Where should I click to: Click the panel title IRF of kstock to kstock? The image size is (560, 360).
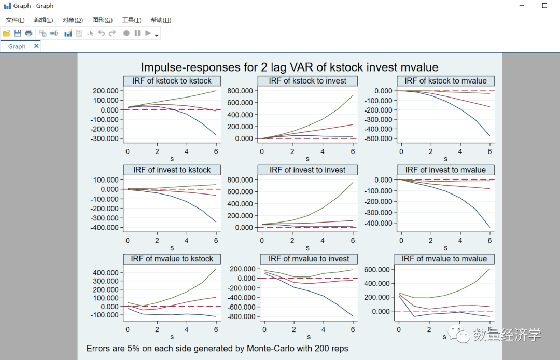172,81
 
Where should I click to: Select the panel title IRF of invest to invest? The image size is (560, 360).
307,170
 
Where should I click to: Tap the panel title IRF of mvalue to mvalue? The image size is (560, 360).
444,259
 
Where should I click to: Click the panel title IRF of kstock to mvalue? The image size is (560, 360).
445,81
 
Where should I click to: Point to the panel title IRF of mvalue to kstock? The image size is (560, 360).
172,259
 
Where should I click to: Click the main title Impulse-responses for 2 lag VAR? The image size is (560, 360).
289,67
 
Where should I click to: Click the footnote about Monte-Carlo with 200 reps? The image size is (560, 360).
217,349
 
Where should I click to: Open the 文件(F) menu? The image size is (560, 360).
15,20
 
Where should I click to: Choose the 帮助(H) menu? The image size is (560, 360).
161,20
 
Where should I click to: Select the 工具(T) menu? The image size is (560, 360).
131,20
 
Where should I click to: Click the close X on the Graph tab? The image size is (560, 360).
36,46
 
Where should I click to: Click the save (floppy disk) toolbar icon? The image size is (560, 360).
18,33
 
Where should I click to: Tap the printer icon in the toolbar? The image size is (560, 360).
29,33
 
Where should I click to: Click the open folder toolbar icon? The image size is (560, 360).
7,33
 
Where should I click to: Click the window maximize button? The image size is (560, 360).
544,6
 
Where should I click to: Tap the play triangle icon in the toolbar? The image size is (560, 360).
148,33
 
